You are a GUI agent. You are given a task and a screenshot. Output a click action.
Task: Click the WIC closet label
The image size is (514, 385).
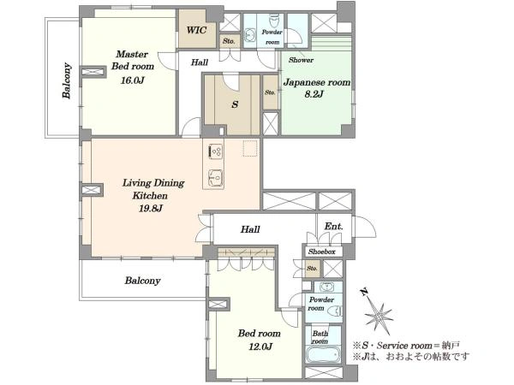click(x=197, y=31)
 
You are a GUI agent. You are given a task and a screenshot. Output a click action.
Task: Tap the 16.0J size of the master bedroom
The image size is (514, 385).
click(x=132, y=80)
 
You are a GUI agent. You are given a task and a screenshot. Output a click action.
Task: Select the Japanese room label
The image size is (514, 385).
click(x=317, y=82)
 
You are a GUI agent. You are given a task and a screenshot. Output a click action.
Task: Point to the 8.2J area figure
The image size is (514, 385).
click(x=314, y=94)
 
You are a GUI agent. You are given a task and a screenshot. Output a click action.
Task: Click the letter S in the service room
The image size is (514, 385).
click(x=235, y=104)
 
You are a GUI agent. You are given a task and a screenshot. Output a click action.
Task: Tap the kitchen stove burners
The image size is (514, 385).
click(x=216, y=151)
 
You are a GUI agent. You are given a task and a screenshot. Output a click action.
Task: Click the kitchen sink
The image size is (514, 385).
click(x=215, y=178)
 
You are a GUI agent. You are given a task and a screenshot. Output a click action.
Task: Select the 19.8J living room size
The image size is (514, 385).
click(x=151, y=208)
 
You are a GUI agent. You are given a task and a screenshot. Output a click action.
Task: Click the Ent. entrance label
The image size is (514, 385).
click(x=334, y=226)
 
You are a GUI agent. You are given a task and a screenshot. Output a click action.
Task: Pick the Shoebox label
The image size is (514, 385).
click(x=321, y=252)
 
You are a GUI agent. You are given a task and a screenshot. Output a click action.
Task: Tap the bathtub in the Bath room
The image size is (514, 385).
click(x=323, y=355)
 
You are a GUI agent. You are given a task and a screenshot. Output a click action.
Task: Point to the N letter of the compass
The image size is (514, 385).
click(x=363, y=292)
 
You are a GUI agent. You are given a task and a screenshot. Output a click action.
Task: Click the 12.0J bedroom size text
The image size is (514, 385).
click(x=260, y=346)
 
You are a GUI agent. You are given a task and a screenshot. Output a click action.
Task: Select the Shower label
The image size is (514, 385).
click(x=301, y=60)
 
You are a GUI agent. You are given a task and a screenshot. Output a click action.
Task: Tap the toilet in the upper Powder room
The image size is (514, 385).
click(x=273, y=21)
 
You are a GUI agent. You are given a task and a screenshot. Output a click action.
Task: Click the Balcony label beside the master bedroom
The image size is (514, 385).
click(x=67, y=80)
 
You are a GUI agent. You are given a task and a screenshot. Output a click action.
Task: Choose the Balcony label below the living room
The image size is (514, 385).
click(x=142, y=281)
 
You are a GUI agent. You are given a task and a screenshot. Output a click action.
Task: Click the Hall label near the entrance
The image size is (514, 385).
click(x=250, y=229)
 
